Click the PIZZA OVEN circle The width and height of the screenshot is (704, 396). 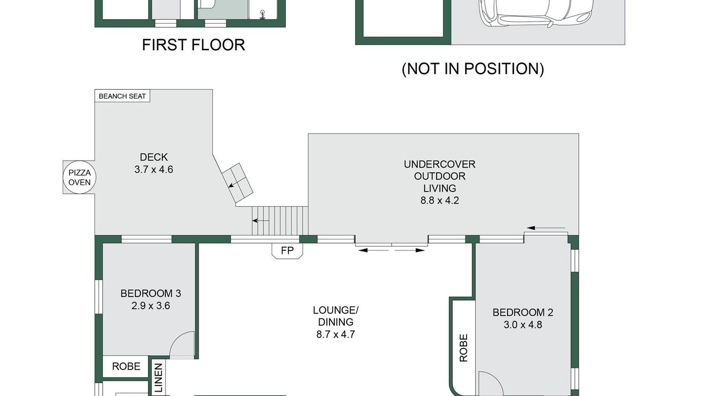coord(80,177)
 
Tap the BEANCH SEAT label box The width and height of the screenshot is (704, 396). coord(122,96)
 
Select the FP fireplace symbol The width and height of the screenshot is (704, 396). coord(287,251)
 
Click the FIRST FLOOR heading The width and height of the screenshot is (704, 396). coord(193,45)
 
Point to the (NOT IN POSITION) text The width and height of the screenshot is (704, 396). coord(472,69)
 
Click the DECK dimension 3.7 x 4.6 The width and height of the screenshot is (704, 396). coord(153,170)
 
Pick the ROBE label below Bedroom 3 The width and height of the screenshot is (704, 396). coord(126,366)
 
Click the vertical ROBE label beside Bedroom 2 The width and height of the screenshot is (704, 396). coord(464,348)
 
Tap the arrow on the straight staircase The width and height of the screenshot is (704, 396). coord(261,221)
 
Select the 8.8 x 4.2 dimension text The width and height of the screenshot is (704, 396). coord(439,201)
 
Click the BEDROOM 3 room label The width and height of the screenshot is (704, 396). coord(151,294)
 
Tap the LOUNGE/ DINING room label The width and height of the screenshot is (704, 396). coord(335,316)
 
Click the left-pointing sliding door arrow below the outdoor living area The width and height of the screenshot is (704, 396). coord(373,250)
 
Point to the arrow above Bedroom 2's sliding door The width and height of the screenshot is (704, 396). coord(546,228)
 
